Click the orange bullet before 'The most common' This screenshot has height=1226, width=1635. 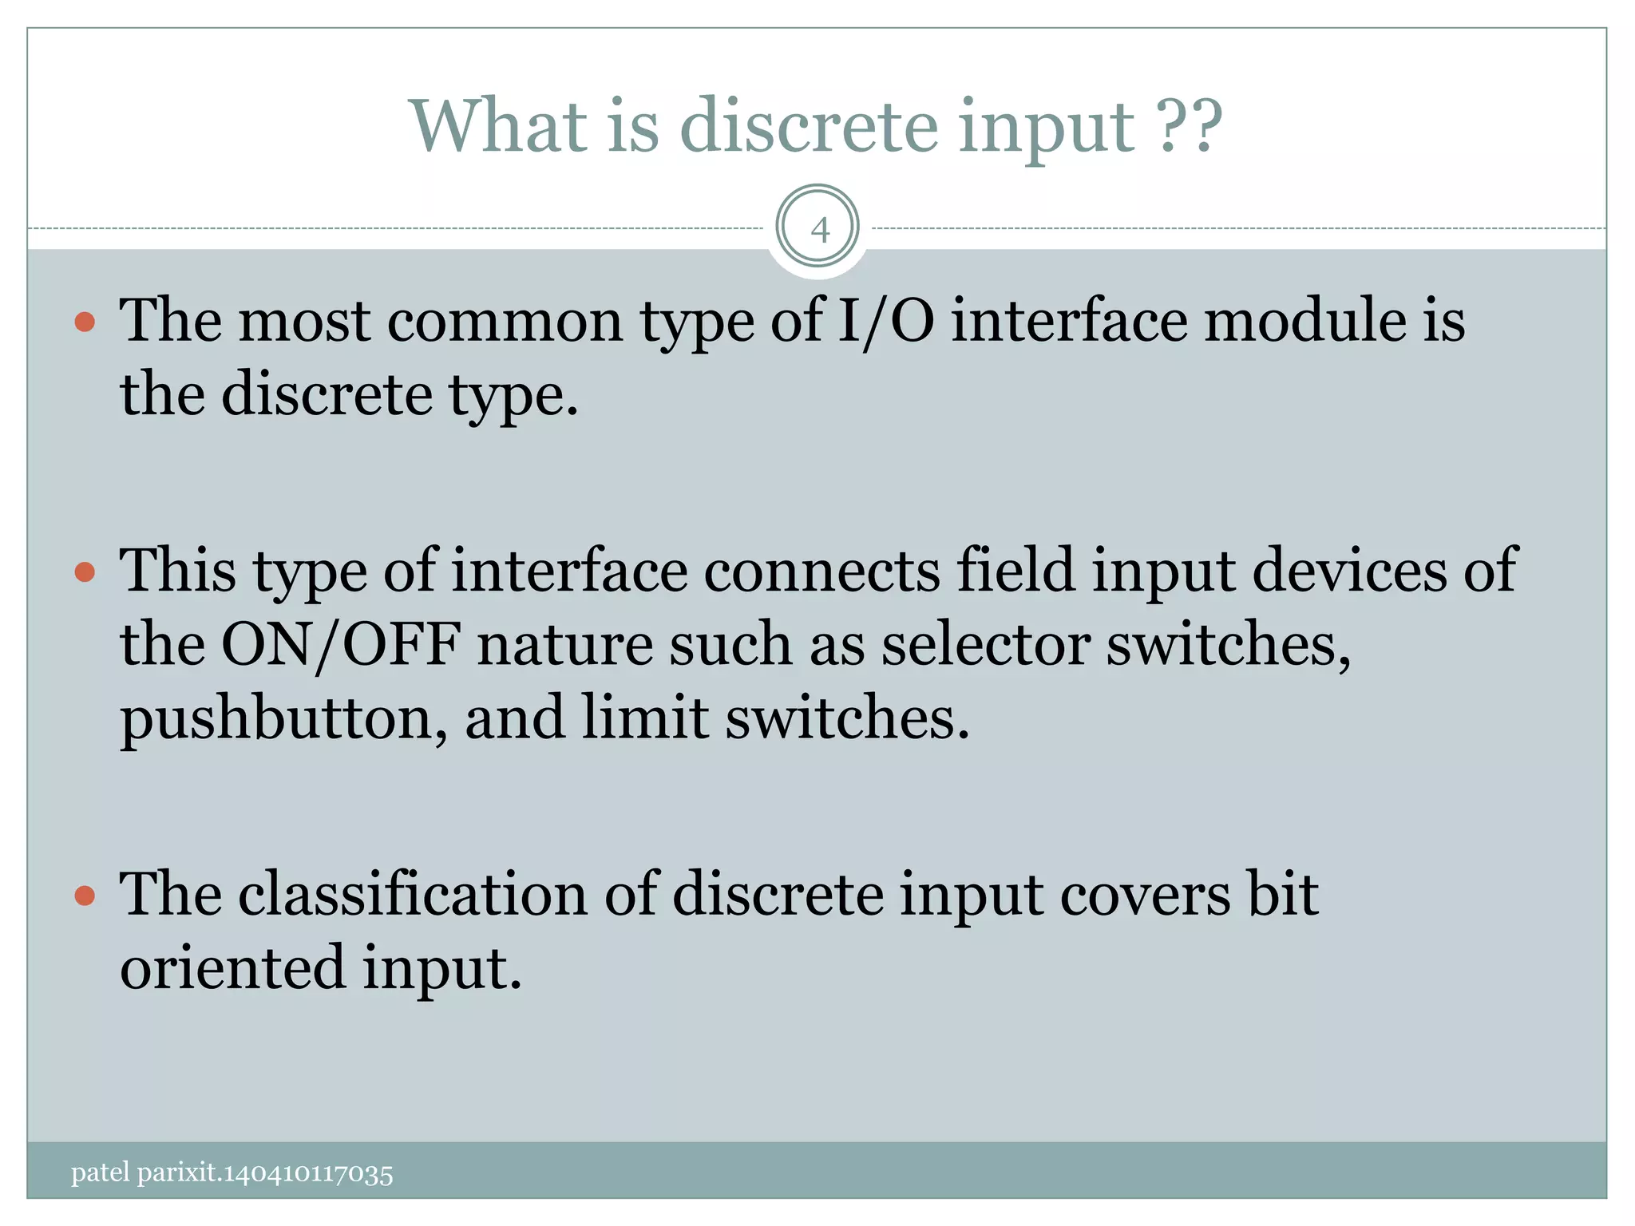point(85,322)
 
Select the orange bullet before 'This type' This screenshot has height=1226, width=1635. point(85,572)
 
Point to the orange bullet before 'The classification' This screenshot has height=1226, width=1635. point(85,896)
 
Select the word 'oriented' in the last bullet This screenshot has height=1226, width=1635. point(232,967)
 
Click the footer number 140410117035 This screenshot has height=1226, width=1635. point(308,1174)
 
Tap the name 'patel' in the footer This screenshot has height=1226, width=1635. point(100,1173)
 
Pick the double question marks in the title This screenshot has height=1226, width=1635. point(1189,125)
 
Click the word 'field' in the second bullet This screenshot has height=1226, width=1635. point(1015,571)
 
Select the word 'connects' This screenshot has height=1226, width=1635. point(822,571)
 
